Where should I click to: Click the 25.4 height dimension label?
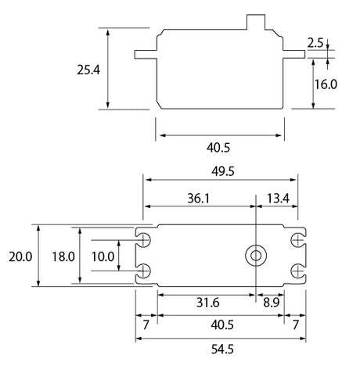[88, 70]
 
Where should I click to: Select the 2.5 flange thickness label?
[315, 43]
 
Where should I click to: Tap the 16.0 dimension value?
[326, 84]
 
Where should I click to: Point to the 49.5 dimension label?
[223, 171]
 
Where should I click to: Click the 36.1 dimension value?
[199, 199]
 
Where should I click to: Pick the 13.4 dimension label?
[278, 199]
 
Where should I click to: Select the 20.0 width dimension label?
[20, 256]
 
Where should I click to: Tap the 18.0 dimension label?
[63, 256]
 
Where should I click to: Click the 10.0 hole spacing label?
[103, 256]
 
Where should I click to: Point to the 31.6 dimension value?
[208, 303]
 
